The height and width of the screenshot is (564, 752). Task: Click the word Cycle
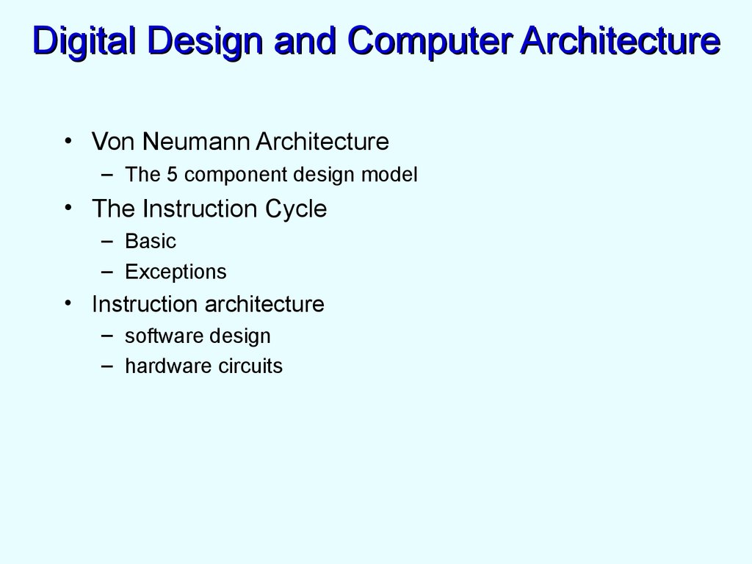coord(296,209)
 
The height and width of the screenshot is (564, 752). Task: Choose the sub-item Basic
coord(151,241)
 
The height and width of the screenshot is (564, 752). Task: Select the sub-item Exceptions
coord(176,272)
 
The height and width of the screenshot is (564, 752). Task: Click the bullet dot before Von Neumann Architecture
coord(68,140)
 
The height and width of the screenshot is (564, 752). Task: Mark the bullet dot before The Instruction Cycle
coord(68,209)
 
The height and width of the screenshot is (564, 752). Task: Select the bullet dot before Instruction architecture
coord(68,303)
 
